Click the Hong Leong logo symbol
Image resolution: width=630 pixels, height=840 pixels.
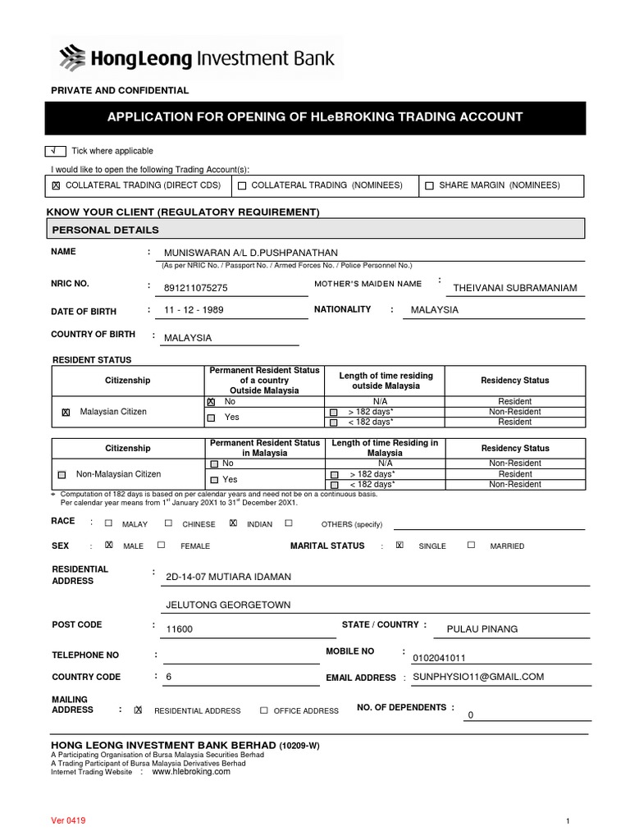73,58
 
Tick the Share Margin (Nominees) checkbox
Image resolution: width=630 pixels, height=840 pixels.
429,186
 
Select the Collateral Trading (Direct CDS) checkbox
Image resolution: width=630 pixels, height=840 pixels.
56,186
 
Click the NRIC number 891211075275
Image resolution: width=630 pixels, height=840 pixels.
196,288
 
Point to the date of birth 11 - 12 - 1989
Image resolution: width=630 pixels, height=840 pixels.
194,310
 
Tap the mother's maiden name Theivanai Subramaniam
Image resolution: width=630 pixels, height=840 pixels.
515,288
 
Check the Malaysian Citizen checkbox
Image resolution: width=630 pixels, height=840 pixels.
66,413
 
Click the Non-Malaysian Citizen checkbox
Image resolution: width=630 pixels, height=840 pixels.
62,475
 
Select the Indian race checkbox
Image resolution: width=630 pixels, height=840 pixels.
234,523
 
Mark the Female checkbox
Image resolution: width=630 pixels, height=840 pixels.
162,545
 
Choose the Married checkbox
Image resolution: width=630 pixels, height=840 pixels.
471,545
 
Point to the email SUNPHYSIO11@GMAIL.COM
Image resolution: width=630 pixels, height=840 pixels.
478,677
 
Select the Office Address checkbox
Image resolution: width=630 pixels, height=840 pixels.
264,710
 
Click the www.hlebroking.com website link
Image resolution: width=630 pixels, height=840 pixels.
191,772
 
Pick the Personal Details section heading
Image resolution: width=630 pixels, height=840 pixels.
106,230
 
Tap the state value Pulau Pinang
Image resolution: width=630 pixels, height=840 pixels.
482,629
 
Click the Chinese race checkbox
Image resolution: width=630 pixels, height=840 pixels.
168,523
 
